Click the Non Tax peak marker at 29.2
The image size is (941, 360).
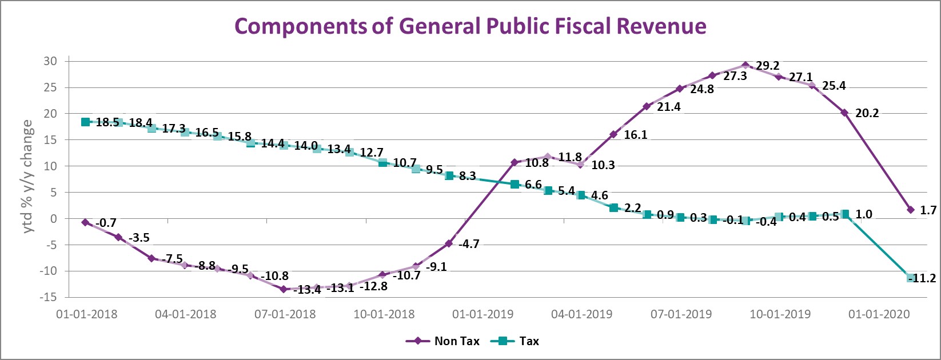745,66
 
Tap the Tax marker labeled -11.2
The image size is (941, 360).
911,278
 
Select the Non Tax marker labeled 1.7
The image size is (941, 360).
911,210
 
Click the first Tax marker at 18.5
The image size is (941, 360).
85,122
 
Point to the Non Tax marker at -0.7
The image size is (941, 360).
85,222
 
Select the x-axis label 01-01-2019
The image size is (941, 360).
483,314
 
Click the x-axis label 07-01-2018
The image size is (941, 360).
285,314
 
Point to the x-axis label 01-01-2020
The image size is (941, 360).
879,314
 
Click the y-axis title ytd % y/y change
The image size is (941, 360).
27,177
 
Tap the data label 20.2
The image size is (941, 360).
867,113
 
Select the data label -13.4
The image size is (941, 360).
307,290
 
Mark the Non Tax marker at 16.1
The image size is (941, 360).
613,134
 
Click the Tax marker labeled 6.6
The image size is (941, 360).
515,184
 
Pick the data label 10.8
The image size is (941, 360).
537,163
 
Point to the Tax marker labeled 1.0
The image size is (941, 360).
845,214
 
